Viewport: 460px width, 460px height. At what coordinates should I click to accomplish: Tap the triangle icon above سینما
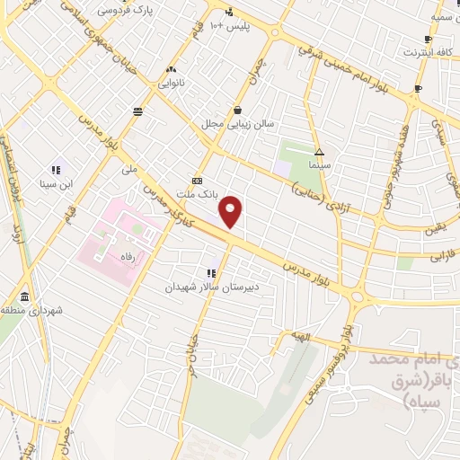click(x=320, y=151)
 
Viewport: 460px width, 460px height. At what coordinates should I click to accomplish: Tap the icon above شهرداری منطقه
click(x=22, y=296)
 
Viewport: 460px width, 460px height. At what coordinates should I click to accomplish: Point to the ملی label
click(x=130, y=168)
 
